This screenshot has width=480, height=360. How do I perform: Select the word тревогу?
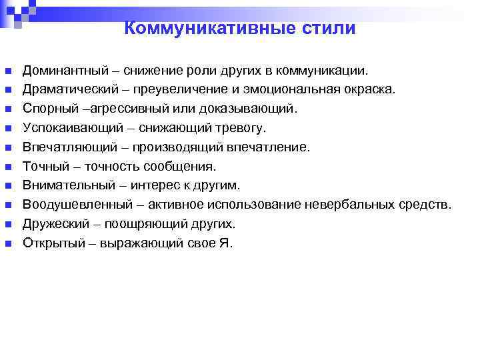click(x=243, y=128)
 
